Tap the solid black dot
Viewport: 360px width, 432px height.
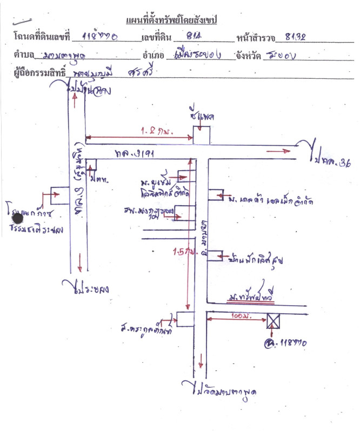pos(18,218)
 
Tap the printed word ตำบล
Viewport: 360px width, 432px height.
pos(24,55)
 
